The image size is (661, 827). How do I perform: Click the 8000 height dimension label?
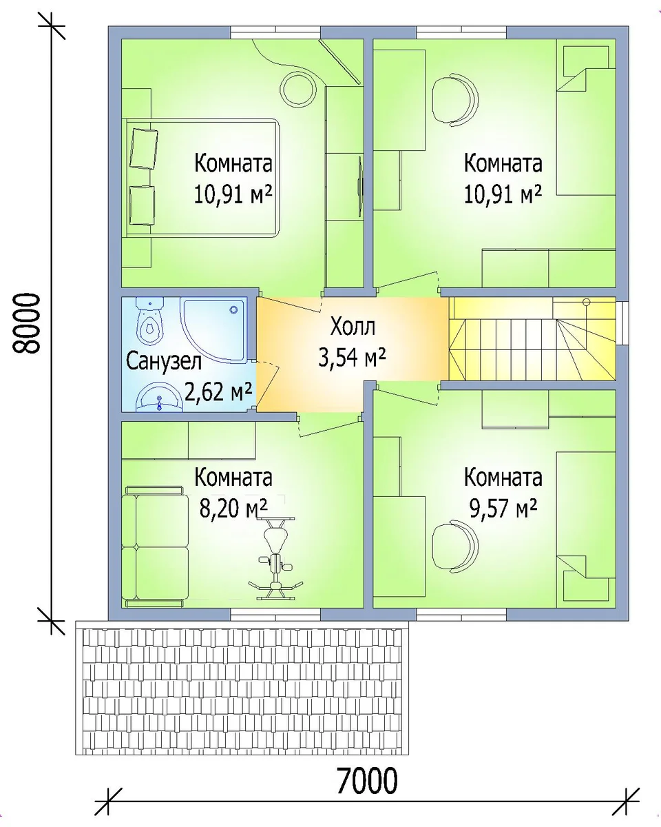[25, 323]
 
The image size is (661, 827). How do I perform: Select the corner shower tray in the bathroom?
[213, 331]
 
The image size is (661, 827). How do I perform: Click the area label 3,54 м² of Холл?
[352, 357]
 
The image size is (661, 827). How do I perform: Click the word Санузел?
[164, 362]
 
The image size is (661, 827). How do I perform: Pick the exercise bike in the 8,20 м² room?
[275, 558]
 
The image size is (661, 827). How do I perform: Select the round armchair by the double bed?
[300, 89]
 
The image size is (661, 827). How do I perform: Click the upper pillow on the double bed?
[144, 148]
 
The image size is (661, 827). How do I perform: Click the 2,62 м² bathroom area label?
[218, 391]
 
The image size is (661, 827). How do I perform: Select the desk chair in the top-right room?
[455, 99]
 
